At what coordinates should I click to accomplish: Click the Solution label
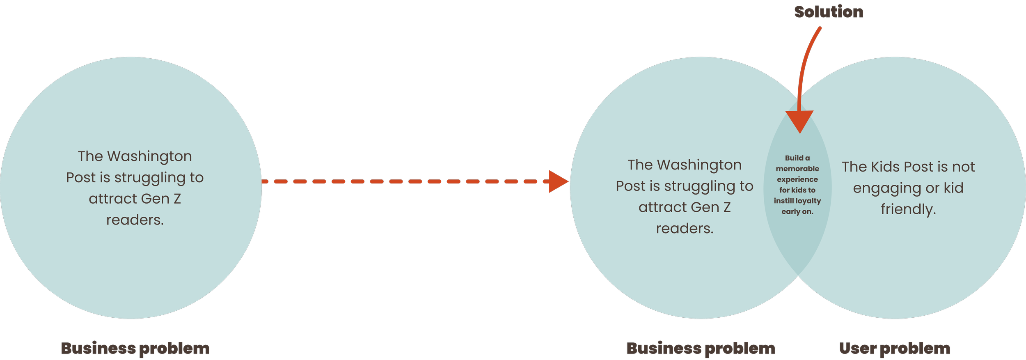click(829, 12)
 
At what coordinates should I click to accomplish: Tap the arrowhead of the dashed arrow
click(558, 181)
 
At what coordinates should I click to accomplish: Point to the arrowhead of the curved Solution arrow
click(799, 122)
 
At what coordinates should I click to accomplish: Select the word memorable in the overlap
click(797, 169)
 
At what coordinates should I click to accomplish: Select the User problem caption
click(895, 349)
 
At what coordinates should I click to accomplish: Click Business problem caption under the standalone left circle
click(135, 349)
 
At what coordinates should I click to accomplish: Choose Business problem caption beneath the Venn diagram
click(701, 349)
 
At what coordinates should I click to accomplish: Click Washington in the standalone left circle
click(149, 156)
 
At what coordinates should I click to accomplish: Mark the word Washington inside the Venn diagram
click(699, 165)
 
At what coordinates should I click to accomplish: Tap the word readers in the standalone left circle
click(135, 220)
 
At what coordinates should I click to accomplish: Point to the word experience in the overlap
click(797, 179)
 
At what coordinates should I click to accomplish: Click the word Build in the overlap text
click(794, 158)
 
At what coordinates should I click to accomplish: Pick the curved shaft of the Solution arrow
click(804, 62)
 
